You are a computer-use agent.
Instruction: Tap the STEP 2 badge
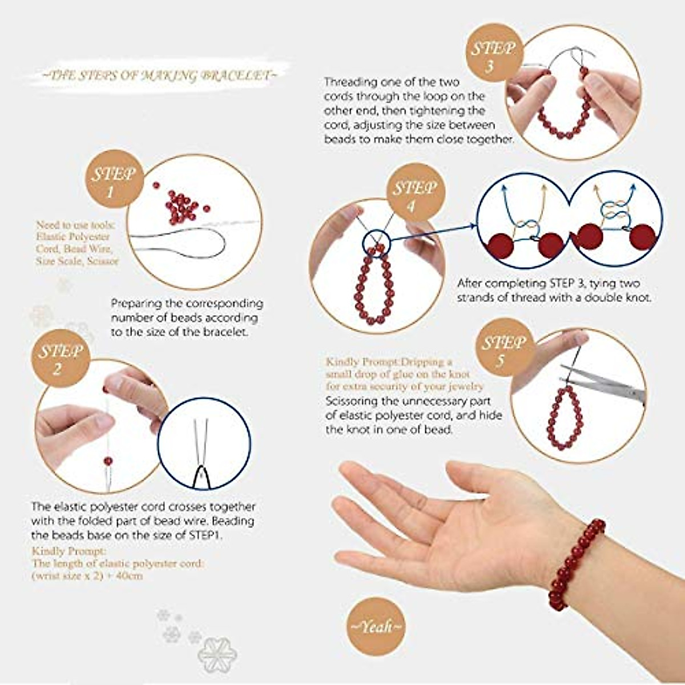click(58, 358)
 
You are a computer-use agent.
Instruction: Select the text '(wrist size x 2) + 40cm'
click(87, 576)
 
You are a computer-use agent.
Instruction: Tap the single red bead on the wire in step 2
click(108, 461)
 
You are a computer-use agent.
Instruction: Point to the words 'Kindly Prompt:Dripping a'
click(389, 362)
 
